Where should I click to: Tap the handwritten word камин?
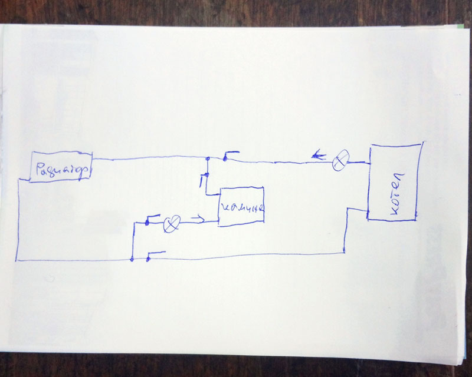tap(242, 208)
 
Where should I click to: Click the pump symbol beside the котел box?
tap(340, 160)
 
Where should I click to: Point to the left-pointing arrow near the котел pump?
tap(319, 156)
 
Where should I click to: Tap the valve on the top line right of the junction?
tap(230, 156)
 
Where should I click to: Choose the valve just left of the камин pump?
tap(152, 220)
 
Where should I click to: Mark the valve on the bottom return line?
tap(155, 255)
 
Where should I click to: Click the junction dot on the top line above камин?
tap(208, 158)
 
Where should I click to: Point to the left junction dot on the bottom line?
tap(132, 259)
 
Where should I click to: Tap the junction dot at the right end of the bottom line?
tap(344, 253)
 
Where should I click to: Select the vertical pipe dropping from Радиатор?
tap(18, 218)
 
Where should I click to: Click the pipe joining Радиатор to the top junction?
tap(147, 158)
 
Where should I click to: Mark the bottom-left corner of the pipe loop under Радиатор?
tap(18, 259)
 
